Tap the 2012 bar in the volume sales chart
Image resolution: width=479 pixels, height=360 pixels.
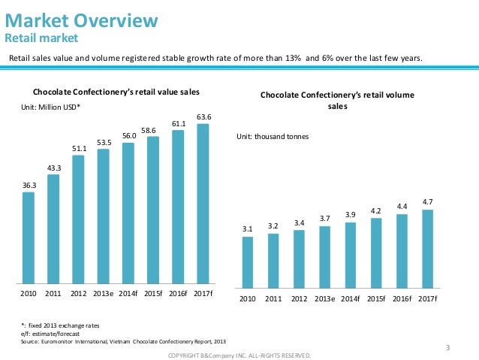299,258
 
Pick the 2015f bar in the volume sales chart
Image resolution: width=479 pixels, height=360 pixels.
376,252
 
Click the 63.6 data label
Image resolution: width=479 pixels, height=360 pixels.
203,116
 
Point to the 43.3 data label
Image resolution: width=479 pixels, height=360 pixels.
53,168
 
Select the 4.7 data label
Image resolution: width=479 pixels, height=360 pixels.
427,201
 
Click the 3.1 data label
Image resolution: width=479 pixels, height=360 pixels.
248,228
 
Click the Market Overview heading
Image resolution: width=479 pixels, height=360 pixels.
82,20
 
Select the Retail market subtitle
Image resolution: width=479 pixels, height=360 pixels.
41,38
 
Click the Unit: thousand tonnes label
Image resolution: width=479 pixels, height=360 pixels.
273,136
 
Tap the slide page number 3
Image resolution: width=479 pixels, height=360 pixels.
447,346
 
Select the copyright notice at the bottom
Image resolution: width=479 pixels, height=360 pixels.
239,355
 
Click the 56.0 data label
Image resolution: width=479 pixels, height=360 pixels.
128,135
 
